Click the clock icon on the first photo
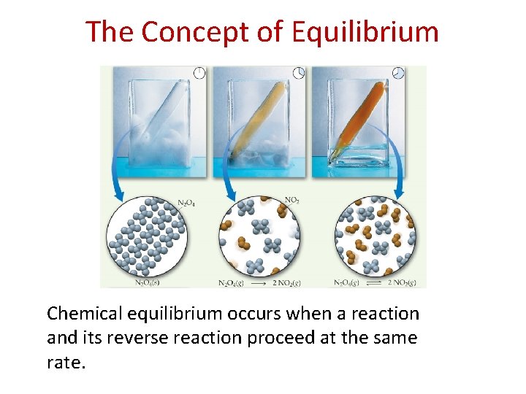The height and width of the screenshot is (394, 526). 198,72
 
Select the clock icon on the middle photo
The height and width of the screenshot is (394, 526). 298,72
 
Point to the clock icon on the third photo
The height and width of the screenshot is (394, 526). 397,72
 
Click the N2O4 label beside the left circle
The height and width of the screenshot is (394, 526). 187,203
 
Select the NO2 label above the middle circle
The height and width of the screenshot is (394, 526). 291,198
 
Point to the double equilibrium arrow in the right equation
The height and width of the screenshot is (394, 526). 373,282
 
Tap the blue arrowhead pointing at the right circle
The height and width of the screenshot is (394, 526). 398,196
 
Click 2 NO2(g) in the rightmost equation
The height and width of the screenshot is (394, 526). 404,282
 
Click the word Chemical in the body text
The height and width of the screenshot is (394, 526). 83,314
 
